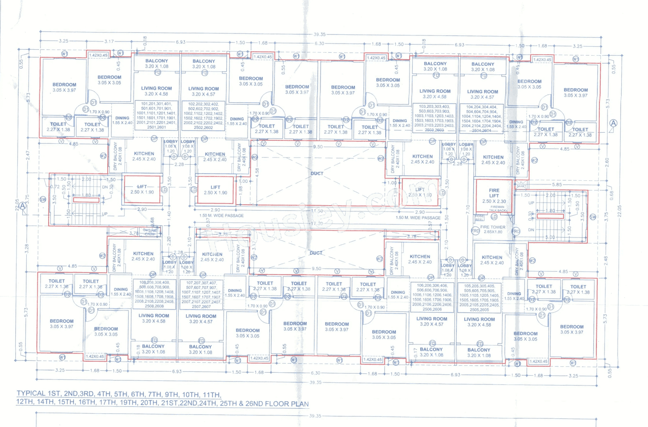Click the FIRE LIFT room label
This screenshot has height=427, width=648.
494,192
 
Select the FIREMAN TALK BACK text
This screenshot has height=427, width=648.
499,209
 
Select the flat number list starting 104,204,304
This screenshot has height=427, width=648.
482,119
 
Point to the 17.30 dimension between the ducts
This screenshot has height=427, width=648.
317,223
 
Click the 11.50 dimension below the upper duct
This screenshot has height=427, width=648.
317,211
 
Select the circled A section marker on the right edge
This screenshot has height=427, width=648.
613,123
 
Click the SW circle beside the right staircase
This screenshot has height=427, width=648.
593,217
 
